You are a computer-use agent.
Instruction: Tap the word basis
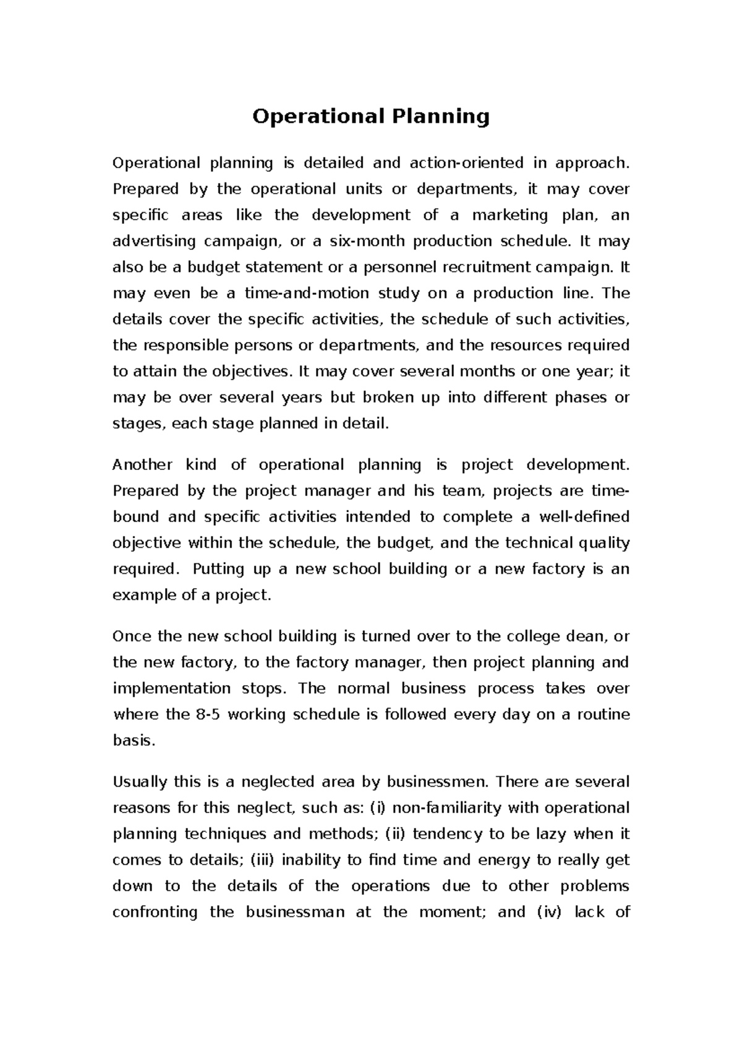[132, 741]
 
